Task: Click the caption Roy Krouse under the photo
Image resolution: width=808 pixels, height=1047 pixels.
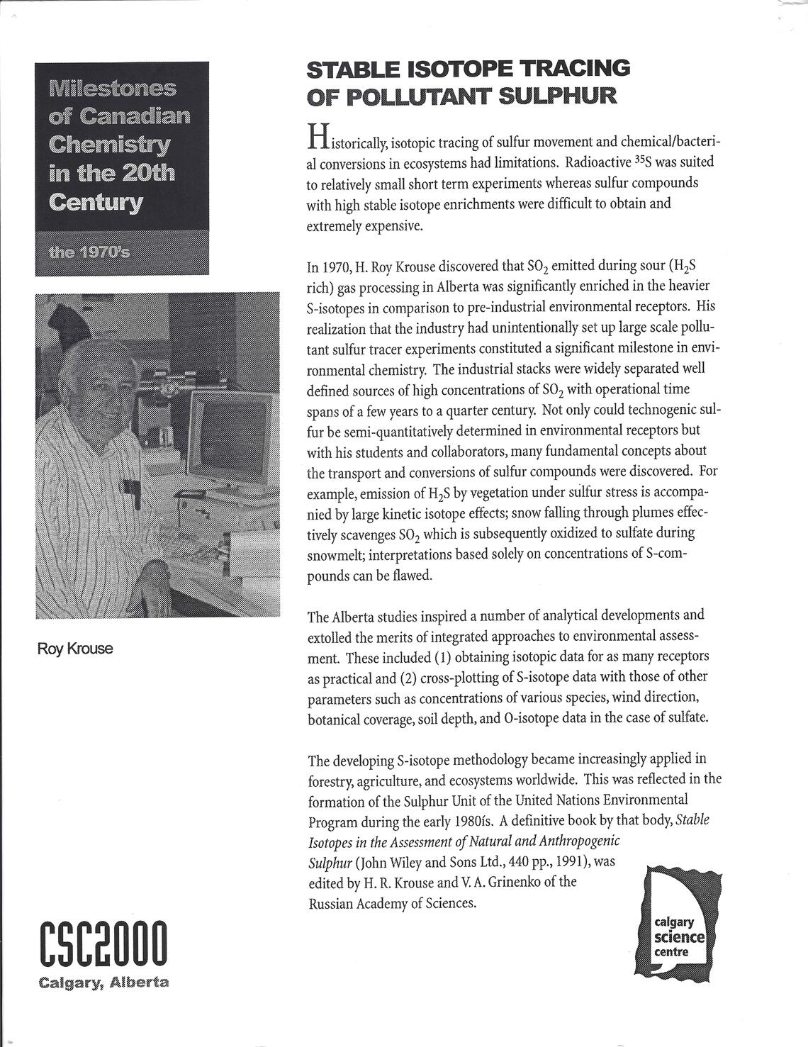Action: point(75,649)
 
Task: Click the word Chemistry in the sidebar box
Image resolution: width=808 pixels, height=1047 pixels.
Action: point(110,145)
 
